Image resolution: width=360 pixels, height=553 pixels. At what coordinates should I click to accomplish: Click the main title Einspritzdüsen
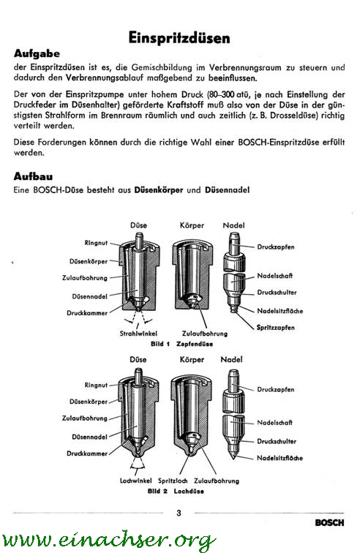click(x=179, y=38)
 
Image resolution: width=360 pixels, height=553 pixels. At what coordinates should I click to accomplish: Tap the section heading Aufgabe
click(x=37, y=53)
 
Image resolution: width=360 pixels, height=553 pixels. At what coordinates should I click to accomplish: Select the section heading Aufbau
click(x=33, y=176)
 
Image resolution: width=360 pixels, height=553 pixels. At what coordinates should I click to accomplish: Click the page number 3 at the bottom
click(x=179, y=513)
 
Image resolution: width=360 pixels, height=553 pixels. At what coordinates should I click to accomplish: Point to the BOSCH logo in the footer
click(x=329, y=523)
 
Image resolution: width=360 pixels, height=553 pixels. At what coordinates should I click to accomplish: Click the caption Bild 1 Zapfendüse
click(x=181, y=344)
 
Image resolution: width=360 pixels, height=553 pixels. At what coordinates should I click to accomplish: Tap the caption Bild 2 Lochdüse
click(x=176, y=491)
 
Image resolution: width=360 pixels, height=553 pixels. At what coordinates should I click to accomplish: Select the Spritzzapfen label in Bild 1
click(x=275, y=328)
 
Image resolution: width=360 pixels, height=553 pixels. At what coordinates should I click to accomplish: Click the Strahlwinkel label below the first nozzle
click(x=138, y=334)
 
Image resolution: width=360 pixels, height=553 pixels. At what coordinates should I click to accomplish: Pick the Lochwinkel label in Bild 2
click(x=136, y=481)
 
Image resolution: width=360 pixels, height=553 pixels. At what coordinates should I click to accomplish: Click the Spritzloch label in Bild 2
click(x=173, y=481)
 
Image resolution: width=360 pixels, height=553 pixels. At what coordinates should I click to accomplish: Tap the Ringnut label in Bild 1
click(x=96, y=243)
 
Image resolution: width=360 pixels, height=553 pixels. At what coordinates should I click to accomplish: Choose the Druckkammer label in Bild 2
click(x=87, y=454)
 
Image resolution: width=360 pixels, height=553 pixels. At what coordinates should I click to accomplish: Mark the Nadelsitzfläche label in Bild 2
click(x=280, y=458)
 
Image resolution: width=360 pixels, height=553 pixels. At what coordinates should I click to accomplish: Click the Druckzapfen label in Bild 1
click(x=276, y=247)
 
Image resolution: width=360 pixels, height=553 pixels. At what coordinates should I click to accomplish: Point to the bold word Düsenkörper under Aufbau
click(x=159, y=190)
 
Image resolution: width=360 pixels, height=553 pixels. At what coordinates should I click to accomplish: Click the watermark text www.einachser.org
click(x=108, y=540)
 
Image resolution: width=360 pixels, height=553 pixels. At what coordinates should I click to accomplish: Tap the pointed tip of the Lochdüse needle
click(x=233, y=458)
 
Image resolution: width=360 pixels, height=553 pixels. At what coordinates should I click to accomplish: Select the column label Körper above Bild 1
click(x=192, y=225)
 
